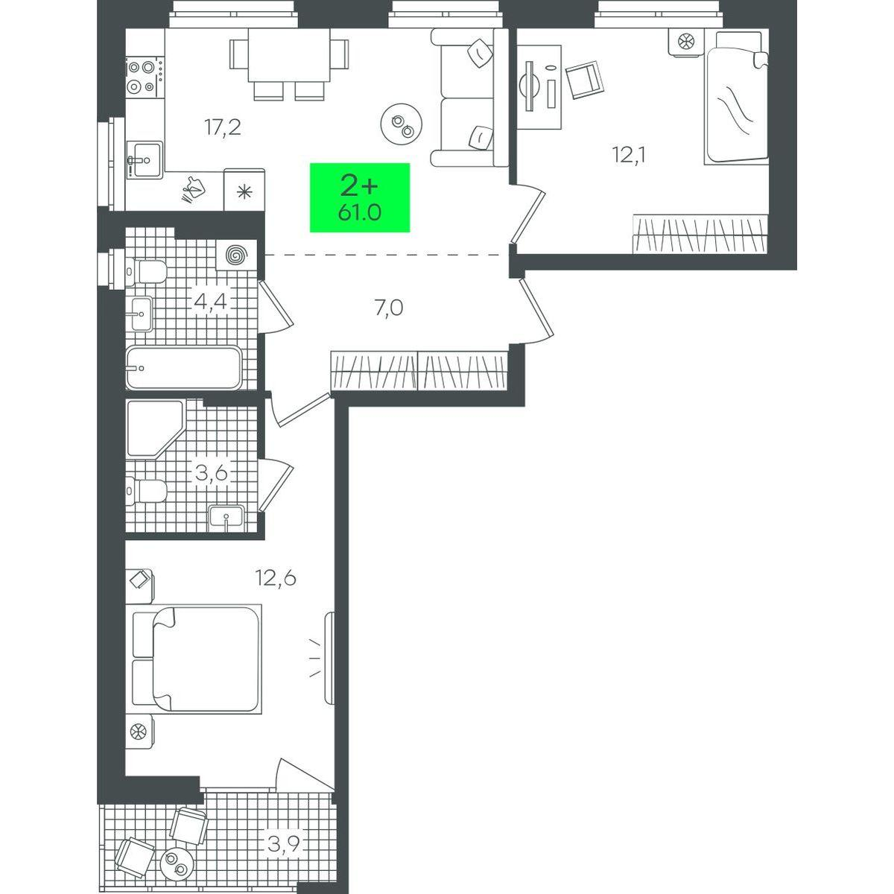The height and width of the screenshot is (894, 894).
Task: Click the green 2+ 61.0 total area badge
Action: (360, 197)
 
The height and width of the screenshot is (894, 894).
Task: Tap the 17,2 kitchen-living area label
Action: (223, 127)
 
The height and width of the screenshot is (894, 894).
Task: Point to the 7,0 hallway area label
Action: (389, 307)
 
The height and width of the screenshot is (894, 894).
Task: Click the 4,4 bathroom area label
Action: (210, 302)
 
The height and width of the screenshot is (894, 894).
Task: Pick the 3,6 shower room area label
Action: (211, 473)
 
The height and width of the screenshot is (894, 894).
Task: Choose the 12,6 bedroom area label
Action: (276, 578)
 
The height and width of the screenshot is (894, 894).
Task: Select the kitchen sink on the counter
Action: (145, 159)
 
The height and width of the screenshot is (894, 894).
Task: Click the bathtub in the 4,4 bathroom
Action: (184, 368)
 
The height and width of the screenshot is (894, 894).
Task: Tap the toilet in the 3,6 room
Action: (146, 491)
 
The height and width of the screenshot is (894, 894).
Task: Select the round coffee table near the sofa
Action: (402, 124)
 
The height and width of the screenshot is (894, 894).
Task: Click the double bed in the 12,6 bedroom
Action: (197, 659)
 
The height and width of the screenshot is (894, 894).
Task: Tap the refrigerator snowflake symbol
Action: (244, 189)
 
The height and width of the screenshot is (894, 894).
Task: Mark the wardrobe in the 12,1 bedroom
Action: (699, 234)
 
